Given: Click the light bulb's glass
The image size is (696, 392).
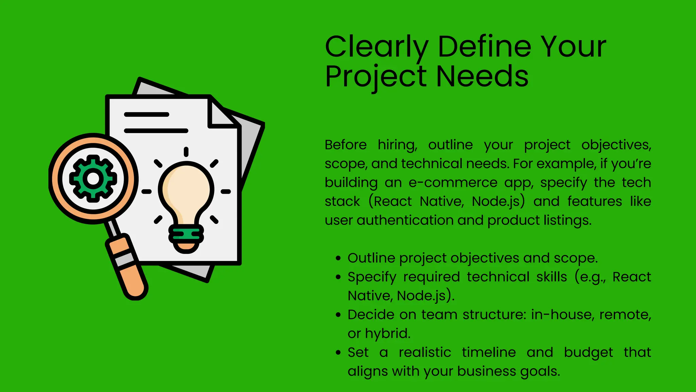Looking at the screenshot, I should (186, 191).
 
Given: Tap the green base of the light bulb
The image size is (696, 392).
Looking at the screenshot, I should (186, 234).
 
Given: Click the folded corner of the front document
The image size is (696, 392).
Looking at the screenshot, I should (221, 114).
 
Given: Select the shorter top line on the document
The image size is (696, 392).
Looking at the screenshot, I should (146, 114).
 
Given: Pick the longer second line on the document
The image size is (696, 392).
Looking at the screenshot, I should (156, 131).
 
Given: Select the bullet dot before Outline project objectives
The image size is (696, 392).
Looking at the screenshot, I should (338, 258).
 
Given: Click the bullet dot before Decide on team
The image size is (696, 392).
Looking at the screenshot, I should (338, 315).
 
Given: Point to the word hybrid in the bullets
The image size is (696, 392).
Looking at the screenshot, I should (387, 333).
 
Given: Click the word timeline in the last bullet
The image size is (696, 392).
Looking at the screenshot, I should (489, 353).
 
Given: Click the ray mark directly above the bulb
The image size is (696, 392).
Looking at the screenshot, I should (186, 152).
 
